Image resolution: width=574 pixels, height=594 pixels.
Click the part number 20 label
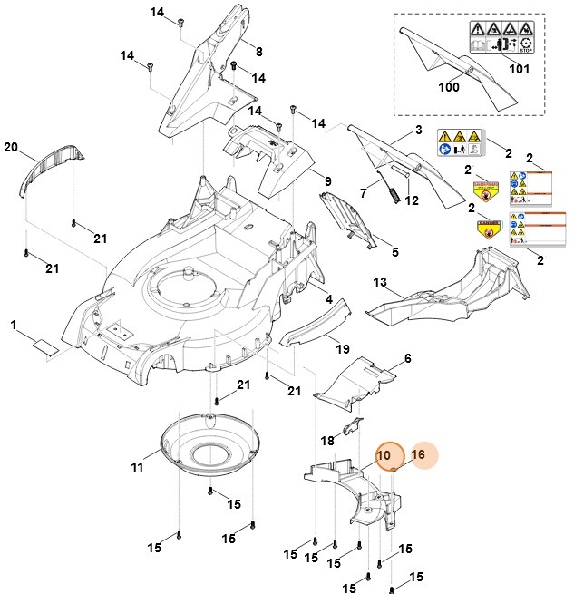[x=12, y=147]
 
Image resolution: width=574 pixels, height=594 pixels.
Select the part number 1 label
[x=15, y=325]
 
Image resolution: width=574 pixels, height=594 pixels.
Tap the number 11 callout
[x=138, y=468]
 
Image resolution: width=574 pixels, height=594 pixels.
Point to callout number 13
[x=381, y=283]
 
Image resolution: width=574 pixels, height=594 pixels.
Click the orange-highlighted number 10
[x=384, y=455]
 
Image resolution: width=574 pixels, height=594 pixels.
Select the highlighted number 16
[x=418, y=454]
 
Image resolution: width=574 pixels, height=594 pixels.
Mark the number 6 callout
[x=408, y=359]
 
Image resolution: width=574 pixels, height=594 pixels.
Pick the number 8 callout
[x=258, y=51]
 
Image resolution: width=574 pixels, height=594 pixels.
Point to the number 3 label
[x=418, y=131]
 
